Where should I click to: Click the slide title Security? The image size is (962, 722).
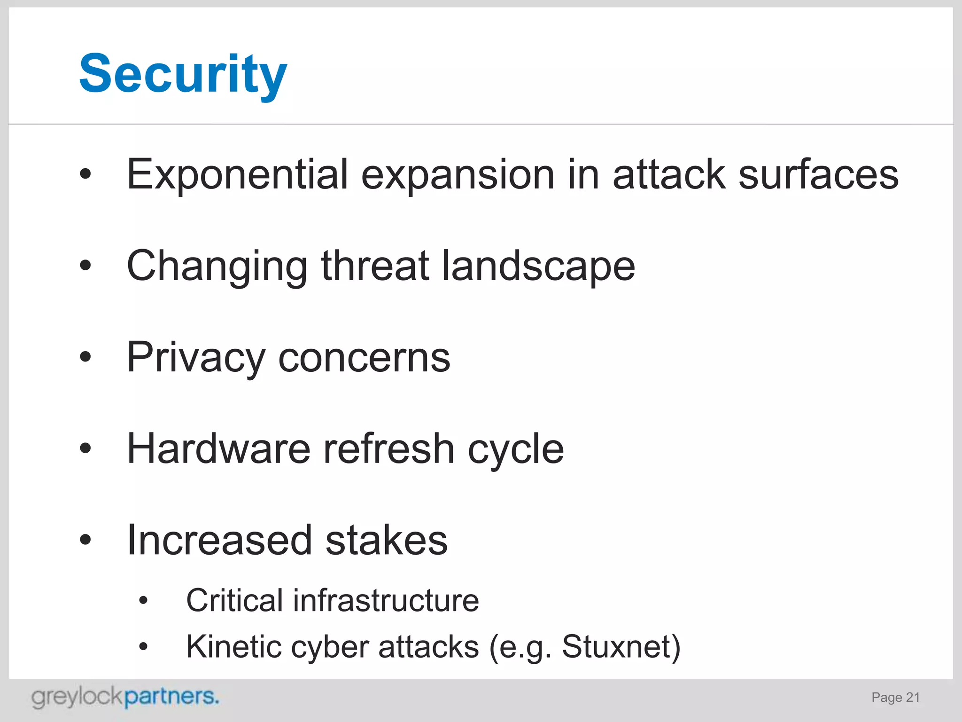[183, 74]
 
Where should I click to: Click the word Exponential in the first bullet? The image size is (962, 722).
[237, 175]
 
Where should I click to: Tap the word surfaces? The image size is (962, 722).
[818, 175]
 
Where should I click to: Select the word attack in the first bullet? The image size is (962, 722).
[669, 175]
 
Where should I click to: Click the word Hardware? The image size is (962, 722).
[218, 449]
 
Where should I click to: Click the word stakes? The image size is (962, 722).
[386, 541]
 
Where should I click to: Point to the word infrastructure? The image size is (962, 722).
[386, 601]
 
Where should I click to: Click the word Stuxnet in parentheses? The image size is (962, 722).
[619, 647]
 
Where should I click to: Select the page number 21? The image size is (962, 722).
[913, 697]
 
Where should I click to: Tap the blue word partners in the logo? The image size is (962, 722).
[171, 697]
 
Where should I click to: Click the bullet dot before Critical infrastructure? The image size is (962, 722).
[144, 601]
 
